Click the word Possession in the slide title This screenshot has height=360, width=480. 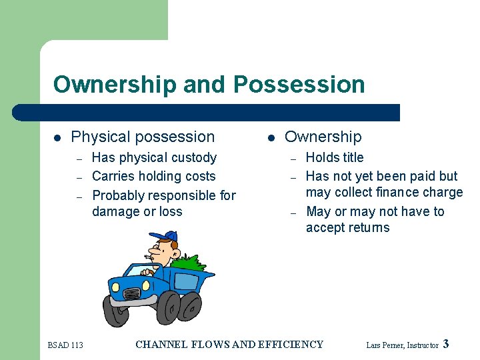click(x=299, y=85)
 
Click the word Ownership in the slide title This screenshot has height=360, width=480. click(x=115, y=85)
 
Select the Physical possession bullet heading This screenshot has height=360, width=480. click(x=143, y=137)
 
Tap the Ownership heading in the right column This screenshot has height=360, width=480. click(x=323, y=137)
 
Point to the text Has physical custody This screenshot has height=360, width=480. click(x=154, y=158)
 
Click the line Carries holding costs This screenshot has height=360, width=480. click(x=153, y=177)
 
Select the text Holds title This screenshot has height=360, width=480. click(x=335, y=158)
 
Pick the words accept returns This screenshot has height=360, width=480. click(x=347, y=228)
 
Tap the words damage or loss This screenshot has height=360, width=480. click(x=137, y=212)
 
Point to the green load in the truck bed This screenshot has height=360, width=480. click(x=194, y=262)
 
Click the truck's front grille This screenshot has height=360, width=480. click(x=132, y=293)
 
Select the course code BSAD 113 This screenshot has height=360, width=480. click(x=65, y=345)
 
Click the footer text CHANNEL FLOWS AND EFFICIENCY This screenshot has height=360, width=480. click(x=229, y=345)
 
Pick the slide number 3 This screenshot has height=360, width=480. click(x=446, y=344)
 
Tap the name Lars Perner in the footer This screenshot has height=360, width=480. click(x=385, y=345)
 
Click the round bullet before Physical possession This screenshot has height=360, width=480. click(x=57, y=138)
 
